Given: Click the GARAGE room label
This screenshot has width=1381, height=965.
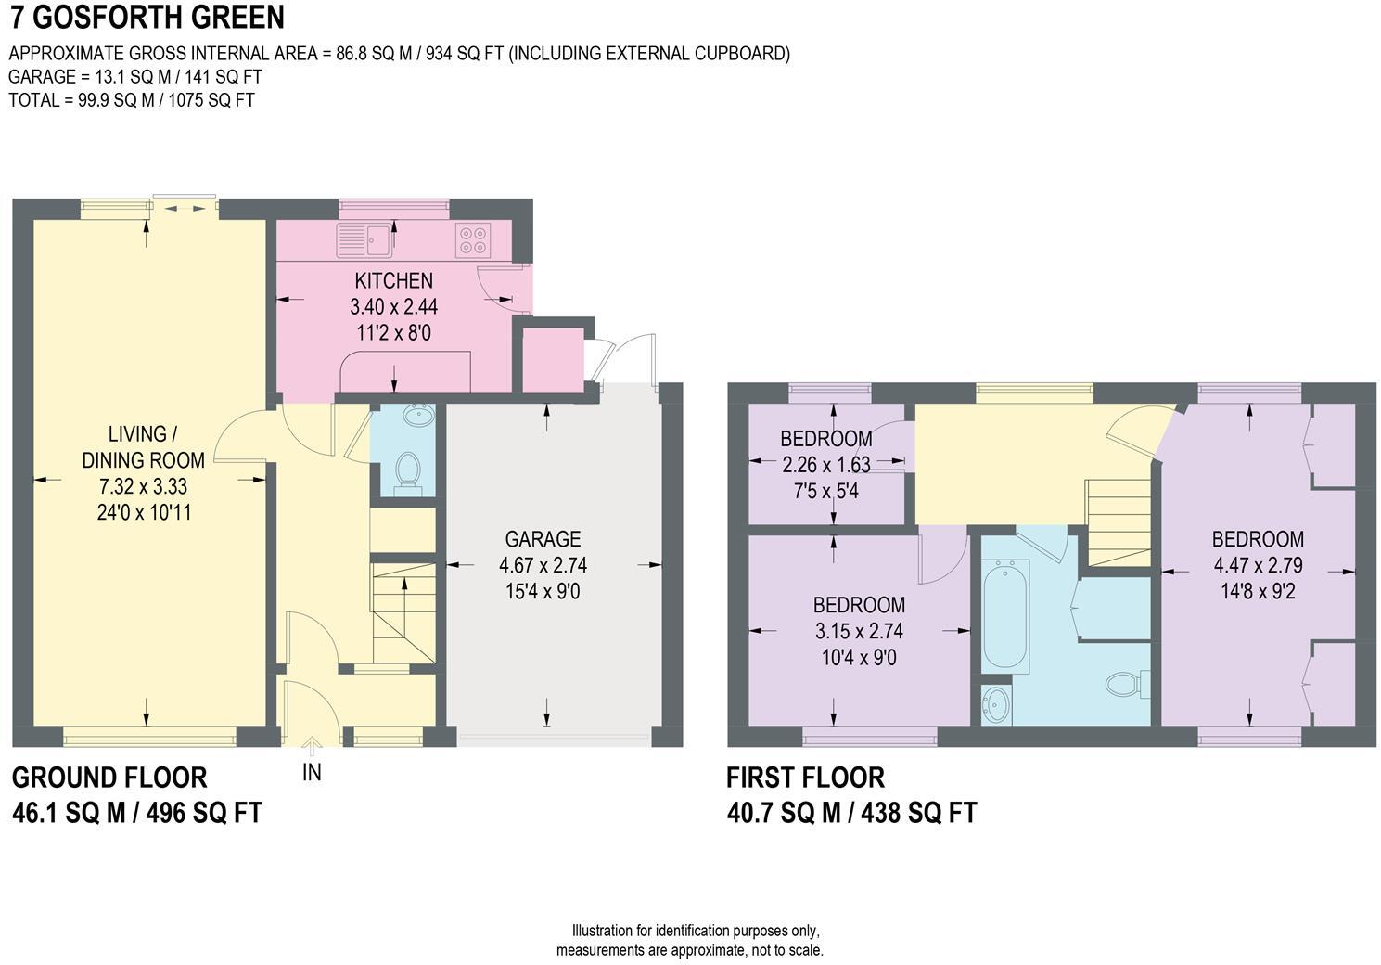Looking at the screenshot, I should (x=543, y=539).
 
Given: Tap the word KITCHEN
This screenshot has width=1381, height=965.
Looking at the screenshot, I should (x=393, y=280).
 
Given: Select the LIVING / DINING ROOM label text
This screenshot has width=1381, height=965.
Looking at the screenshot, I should (x=143, y=446).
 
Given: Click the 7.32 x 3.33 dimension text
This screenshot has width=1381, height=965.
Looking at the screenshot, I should (x=143, y=485).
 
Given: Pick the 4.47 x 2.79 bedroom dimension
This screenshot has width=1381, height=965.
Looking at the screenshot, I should (x=1258, y=564).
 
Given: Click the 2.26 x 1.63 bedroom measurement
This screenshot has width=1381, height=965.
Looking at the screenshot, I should (x=825, y=464).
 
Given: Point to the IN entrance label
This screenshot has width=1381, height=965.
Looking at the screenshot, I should (x=312, y=772).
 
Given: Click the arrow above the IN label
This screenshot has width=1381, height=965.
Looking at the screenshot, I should (x=312, y=743).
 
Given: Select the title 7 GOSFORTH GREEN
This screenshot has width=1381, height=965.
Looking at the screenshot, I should (x=147, y=18).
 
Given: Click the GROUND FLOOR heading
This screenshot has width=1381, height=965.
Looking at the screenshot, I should (x=109, y=777).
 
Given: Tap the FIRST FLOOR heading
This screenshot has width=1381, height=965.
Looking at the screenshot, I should (x=805, y=777).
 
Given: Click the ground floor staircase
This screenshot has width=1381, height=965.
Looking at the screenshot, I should (x=403, y=609).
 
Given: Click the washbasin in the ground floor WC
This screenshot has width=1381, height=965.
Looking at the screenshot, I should (x=418, y=415).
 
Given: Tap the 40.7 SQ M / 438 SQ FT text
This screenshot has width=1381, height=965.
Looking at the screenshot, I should (x=851, y=814).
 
